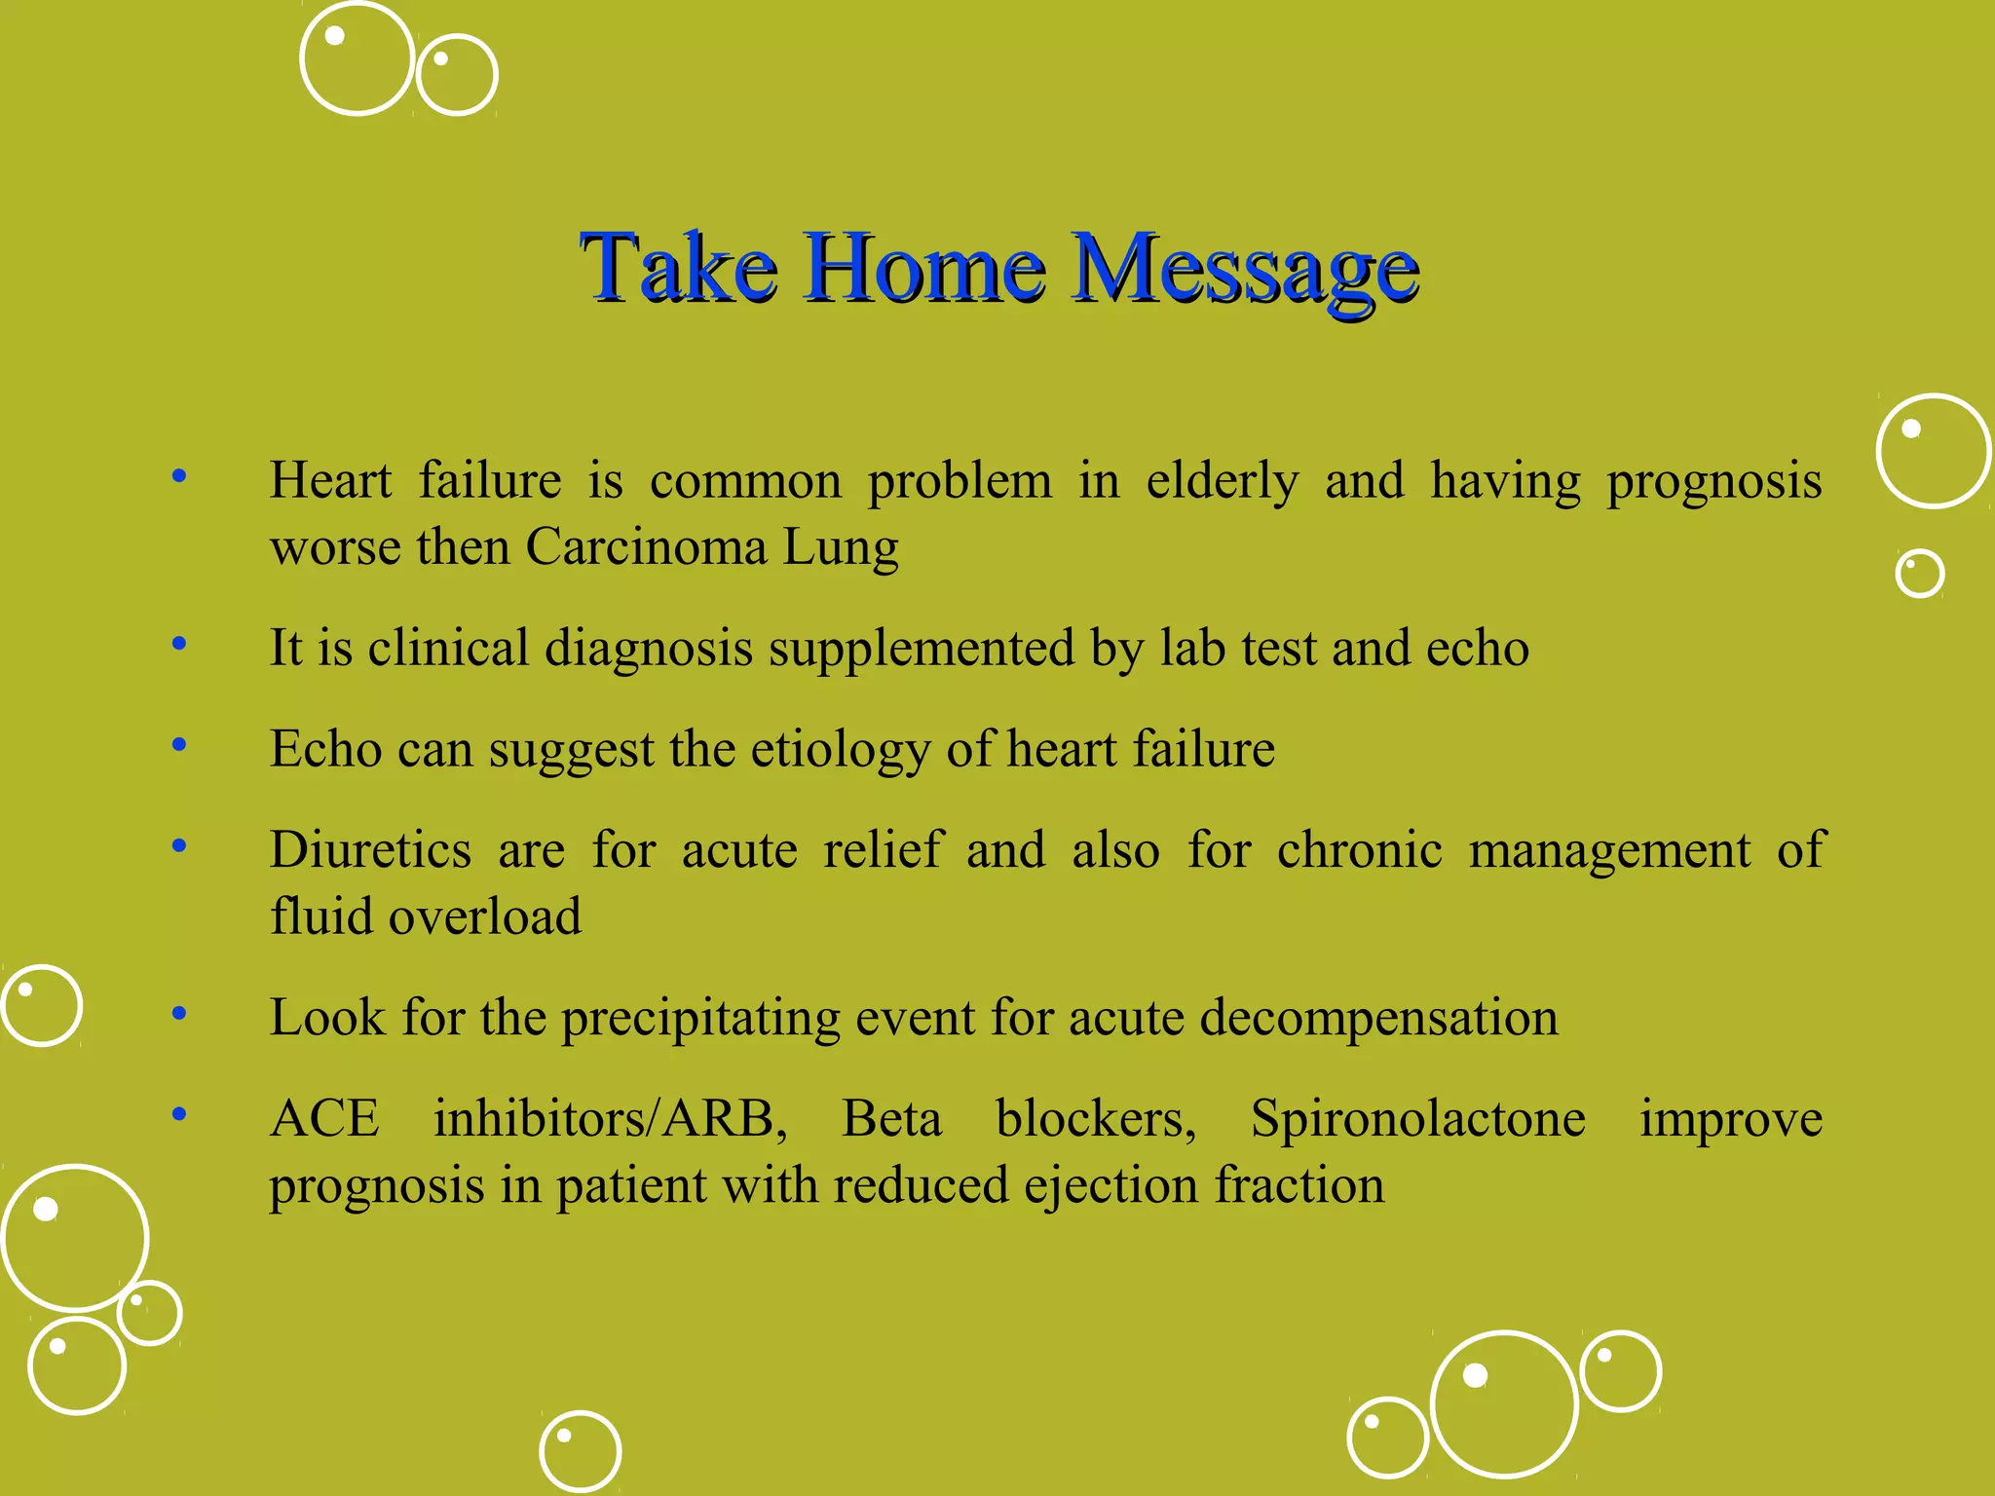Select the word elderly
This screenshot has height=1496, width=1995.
tap(1222, 480)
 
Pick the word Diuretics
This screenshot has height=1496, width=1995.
tap(371, 849)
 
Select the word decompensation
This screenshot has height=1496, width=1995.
tap(1378, 1018)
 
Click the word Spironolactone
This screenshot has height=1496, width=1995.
tap(1417, 1118)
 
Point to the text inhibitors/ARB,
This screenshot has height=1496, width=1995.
tap(610, 1118)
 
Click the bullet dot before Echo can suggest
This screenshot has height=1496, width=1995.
tap(179, 745)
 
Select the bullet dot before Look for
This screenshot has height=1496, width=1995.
tap(179, 1014)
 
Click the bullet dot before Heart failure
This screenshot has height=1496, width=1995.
tap(179, 476)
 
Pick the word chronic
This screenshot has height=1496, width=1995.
tap(1359, 849)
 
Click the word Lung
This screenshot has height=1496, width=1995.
tap(841, 548)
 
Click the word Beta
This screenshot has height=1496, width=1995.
tap(891, 1118)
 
